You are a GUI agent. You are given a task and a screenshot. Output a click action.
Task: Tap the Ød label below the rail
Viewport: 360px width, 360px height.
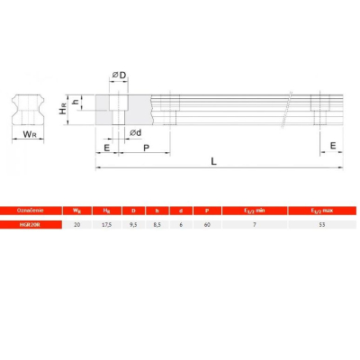(135, 132)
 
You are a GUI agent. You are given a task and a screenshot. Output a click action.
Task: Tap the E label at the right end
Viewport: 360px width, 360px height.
(333, 144)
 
